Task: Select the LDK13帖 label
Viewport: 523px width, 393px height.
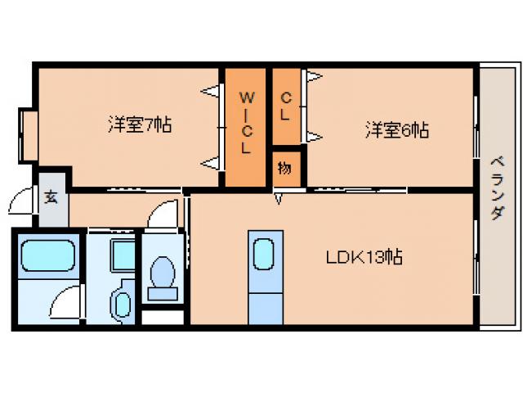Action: coord(364,257)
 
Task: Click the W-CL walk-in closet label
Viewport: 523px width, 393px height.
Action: coord(245,123)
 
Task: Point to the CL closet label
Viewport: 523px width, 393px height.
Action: coord(285,106)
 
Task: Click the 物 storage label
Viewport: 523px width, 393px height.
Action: coord(284,169)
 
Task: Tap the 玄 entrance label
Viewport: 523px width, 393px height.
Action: coord(51,197)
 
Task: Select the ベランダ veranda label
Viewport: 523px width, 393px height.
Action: coord(497,187)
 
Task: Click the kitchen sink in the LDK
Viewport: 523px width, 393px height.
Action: coord(264,254)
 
